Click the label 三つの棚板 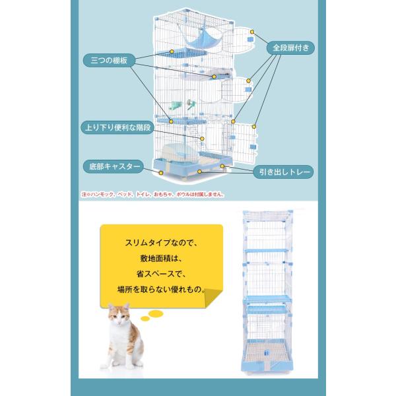click(109, 60)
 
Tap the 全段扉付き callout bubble click(290, 48)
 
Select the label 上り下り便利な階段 click(117, 127)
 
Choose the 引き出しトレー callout click(284, 172)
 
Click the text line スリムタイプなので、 click(162, 243)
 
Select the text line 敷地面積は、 click(162, 259)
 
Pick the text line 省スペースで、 click(162, 274)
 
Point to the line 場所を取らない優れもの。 click(162, 290)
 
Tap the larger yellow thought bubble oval click(156, 313)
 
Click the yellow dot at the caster click(160, 173)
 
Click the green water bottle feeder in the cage click(176, 106)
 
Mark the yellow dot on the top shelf click(172, 51)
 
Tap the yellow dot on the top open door click(252, 32)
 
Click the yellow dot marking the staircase click(202, 139)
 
